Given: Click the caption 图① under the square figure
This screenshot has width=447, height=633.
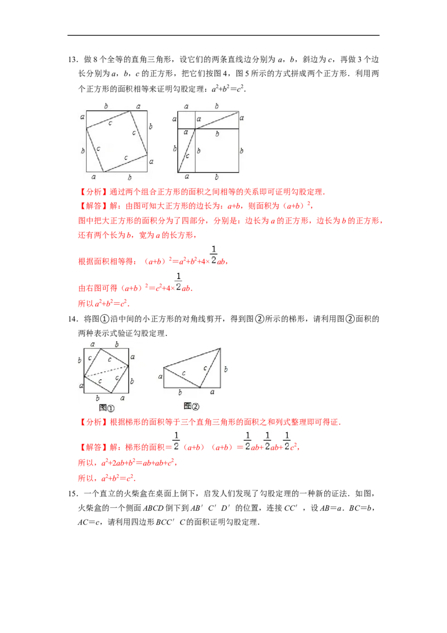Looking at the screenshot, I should click(106, 408).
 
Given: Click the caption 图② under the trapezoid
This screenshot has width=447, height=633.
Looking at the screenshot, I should click(191, 405).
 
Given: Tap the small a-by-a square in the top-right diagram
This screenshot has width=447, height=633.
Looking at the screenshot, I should click(186, 120).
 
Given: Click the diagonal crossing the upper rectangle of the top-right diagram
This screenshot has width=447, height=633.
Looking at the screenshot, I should click(217, 120).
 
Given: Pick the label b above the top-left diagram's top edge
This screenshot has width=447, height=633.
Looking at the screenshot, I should click(106, 105).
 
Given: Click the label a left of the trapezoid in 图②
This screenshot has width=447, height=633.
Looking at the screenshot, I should click(160, 377).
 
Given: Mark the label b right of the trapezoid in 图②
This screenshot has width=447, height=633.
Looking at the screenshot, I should click(226, 369).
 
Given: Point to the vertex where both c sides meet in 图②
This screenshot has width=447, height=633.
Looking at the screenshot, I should click(201, 387).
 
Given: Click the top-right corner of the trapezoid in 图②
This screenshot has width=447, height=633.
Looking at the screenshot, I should click(221, 348).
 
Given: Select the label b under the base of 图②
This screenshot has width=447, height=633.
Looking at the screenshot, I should click(179, 393).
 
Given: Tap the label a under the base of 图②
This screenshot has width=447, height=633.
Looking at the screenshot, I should click(211, 393).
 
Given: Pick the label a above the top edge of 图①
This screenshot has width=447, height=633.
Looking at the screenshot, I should click(92, 344).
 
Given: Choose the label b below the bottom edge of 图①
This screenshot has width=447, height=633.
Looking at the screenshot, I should click(98, 398).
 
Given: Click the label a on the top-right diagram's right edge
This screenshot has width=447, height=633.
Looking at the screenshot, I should click(242, 117).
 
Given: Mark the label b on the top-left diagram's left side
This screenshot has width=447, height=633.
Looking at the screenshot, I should click(82, 151).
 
